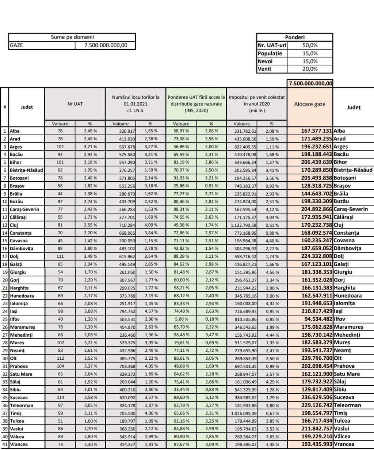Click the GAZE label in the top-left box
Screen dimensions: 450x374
pos(16,45)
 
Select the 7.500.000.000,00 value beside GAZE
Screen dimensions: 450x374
pos(105,45)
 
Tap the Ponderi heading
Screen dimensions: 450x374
pos(294,37)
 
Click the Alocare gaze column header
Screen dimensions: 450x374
pos(310,104)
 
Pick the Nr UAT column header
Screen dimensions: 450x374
pos(75,104)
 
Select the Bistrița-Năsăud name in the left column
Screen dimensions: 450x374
pos(27,170)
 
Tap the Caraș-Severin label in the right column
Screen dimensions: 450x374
pos(351,209)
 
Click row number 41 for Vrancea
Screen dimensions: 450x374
pos(4,444)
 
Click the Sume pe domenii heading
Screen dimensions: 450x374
pos(72,37)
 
